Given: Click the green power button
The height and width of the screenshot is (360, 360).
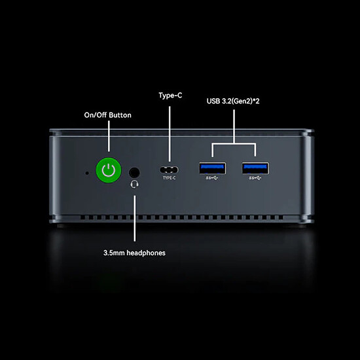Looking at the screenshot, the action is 109,170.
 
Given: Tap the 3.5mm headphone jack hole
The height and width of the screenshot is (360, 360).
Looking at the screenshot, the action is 134,173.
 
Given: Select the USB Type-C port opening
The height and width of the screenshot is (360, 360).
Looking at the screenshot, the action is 169,170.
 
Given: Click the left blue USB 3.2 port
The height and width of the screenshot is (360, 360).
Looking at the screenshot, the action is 212,168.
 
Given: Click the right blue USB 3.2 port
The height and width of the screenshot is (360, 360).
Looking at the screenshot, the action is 255,168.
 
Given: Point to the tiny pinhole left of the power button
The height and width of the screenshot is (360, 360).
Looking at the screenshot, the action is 87,173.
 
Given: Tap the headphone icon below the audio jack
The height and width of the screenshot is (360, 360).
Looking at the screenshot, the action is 134,184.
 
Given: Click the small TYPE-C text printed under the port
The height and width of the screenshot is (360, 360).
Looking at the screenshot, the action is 170,177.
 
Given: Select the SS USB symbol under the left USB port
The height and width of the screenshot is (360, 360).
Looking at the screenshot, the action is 212,178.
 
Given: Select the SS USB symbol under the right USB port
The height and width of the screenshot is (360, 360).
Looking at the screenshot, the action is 255,178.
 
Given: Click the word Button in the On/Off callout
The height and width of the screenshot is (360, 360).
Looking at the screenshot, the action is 120,115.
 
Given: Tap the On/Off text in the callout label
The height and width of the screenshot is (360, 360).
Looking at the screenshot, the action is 96,115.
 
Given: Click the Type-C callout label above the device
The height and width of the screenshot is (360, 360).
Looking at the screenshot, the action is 170,96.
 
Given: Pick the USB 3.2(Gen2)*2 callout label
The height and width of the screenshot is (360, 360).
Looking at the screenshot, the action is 233,101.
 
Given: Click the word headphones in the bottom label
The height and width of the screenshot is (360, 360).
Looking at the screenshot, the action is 146,253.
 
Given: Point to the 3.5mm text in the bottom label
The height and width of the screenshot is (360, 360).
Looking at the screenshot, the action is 114,253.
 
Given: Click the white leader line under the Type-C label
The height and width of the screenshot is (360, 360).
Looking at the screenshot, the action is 170,134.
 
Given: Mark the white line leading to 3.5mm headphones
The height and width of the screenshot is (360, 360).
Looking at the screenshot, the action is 135,219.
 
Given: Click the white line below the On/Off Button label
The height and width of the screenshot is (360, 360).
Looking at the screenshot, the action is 109,136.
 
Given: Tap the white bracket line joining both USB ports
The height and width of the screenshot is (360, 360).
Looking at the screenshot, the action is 234,144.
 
